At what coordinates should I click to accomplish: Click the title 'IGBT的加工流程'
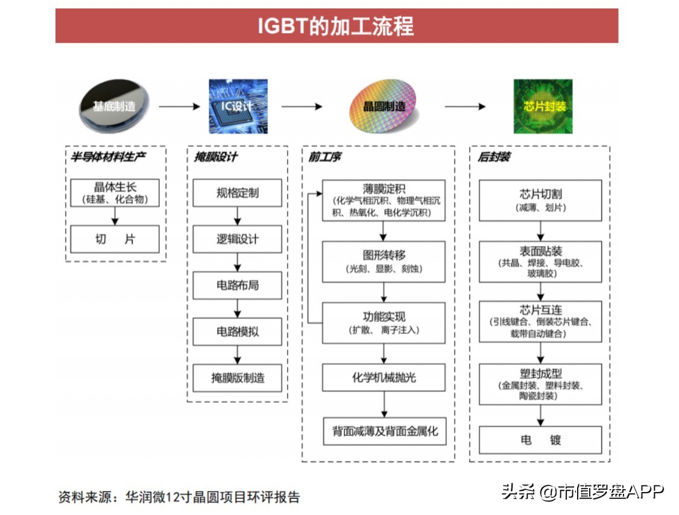[336, 27]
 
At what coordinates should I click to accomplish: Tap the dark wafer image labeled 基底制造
[114, 107]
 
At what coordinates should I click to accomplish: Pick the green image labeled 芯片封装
[543, 107]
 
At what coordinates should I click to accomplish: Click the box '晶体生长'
[115, 192]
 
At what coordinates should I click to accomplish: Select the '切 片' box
[115, 239]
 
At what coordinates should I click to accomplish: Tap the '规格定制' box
[237, 193]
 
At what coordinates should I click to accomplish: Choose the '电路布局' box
[237, 285]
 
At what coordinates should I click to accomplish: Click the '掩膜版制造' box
[237, 378]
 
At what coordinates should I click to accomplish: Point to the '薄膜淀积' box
[384, 200]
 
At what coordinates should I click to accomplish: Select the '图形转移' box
[384, 262]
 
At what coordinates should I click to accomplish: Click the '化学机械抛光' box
[384, 378]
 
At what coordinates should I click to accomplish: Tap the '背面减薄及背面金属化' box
[384, 431]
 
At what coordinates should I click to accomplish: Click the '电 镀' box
[540, 440]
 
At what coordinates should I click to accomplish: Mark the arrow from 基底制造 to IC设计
[178, 107]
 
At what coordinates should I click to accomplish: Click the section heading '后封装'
[494, 157]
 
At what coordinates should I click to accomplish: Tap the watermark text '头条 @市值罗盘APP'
[583, 491]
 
